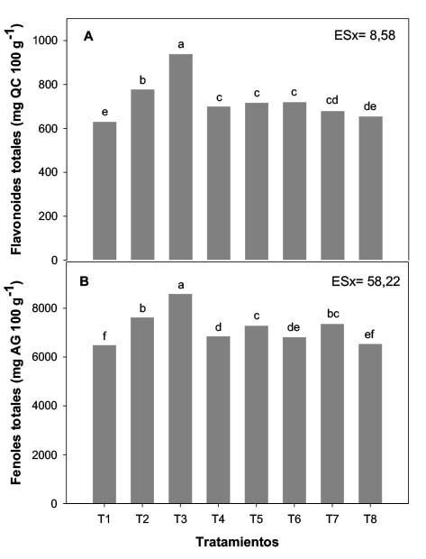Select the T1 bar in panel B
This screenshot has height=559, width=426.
104,424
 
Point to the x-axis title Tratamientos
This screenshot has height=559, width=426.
237,543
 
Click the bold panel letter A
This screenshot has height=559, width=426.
88,36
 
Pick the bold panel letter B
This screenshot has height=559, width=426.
88,282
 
